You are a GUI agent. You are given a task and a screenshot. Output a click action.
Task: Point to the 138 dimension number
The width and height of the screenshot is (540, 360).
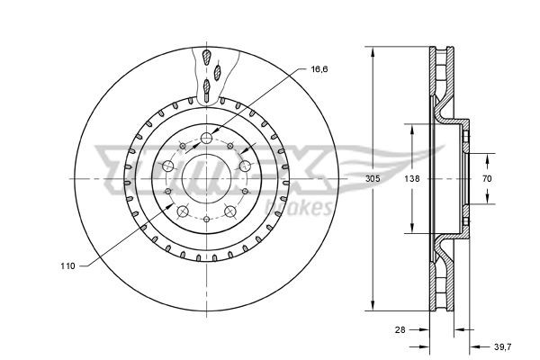point(412,178)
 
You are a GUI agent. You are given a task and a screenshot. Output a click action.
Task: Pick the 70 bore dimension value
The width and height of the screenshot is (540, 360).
point(486,178)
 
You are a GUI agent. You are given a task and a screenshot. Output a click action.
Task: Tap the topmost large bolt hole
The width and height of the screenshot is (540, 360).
point(207,138)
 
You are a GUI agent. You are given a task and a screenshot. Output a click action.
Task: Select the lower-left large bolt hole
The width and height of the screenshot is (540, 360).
point(183,212)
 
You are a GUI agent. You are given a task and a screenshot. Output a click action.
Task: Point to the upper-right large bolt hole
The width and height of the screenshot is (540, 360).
point(246,166)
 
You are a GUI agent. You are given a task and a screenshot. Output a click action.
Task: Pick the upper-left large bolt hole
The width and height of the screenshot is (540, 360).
point(168,166)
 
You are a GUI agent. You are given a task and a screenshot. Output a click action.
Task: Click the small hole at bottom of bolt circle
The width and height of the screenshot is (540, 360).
point(207,220)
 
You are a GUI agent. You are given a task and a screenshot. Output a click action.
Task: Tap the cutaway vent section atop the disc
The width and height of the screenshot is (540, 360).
point(209,72)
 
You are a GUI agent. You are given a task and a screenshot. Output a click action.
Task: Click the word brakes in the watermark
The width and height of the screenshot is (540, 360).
point(309,209)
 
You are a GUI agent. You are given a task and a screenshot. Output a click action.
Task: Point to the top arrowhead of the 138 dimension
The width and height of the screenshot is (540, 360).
point(412,126)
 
